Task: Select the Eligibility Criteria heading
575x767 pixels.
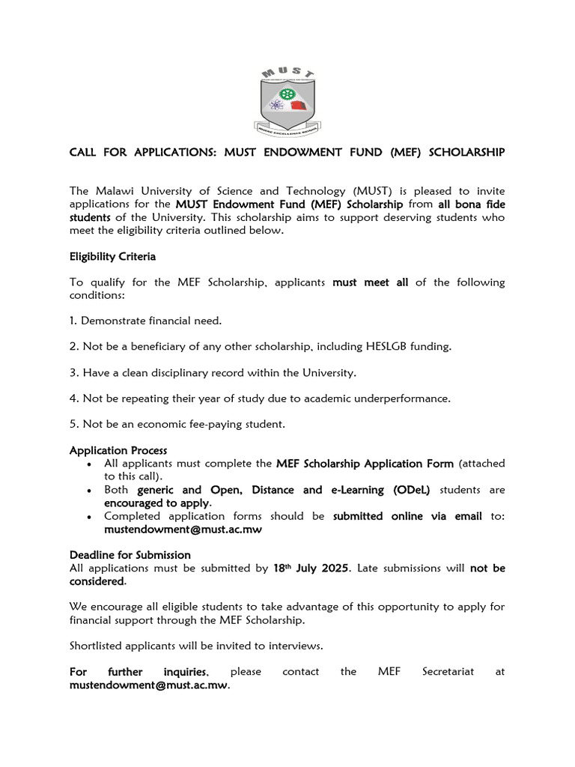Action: pyautogui.click(x=112, y=256)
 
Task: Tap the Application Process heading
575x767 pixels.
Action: pyautogui.click(x=118, y=450)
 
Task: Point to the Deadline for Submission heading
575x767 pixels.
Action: pyautogui.click(x=130, y=555)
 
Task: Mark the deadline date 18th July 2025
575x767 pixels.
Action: pyautogui.click(x=311, y=569)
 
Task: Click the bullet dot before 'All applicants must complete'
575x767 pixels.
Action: pyautogui.click(x=90, y=464)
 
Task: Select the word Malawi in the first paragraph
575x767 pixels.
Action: pyautogui.click(x=112, y=191)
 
